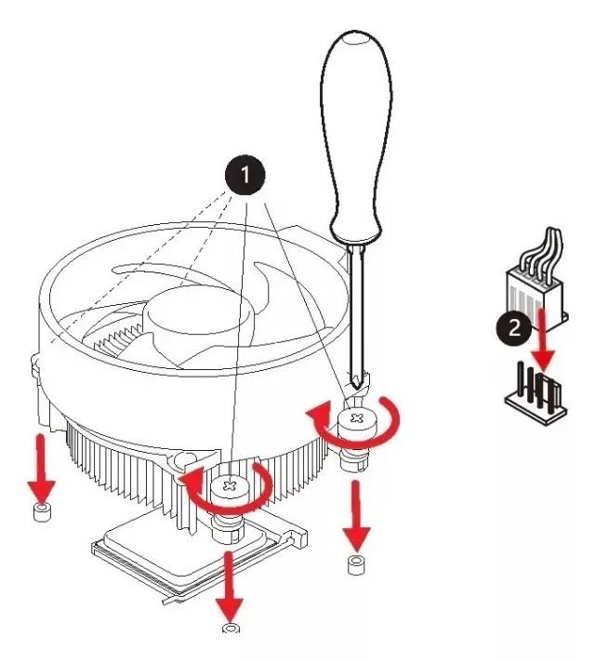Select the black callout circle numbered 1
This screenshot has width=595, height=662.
(x=245, y=174)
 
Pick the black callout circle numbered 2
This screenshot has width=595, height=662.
(x=511, y=326)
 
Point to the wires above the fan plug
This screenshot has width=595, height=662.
(x=539, y=246)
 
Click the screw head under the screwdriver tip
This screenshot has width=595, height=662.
(x=357, y=419)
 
